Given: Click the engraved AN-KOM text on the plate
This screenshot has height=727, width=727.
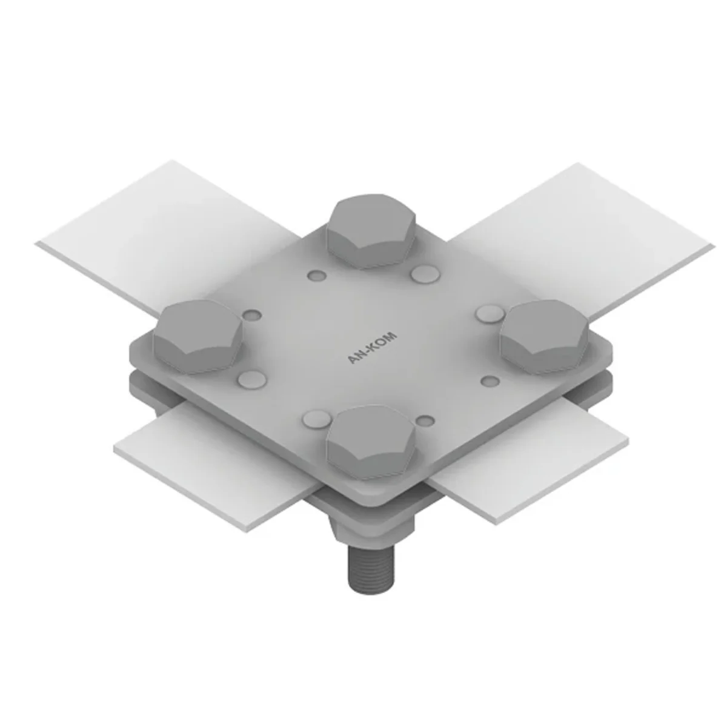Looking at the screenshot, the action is (x=372, y=348).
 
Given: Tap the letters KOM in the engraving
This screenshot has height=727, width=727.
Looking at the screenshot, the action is (x=383, y=340).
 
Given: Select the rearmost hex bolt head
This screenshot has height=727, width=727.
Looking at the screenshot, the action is (x=371, y=231).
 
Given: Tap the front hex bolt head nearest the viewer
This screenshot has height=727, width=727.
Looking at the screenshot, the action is (x=371, y=442).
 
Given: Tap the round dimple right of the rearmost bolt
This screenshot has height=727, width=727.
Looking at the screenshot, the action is (x=425, y=274).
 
